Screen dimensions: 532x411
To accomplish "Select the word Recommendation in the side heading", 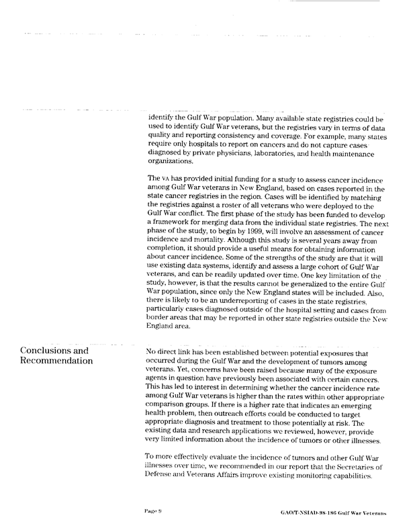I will click(x=58, y=362).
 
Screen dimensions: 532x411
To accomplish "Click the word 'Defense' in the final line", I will click(x=165, y=475).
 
